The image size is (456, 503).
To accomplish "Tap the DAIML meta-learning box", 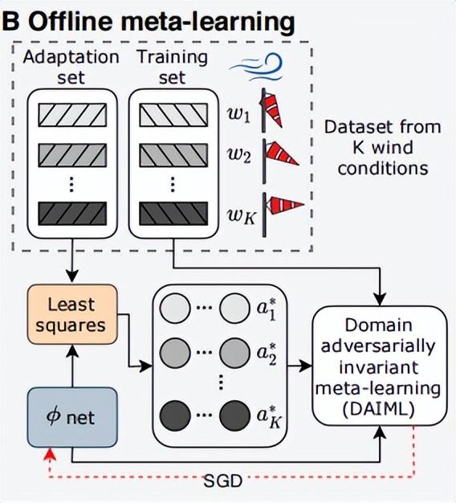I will [x=380, y=367].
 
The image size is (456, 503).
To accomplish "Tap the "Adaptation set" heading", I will [x=71, y=67].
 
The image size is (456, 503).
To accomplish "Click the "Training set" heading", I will [x=172, y=67].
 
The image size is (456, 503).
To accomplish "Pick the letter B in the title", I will [x=11, y=21].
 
